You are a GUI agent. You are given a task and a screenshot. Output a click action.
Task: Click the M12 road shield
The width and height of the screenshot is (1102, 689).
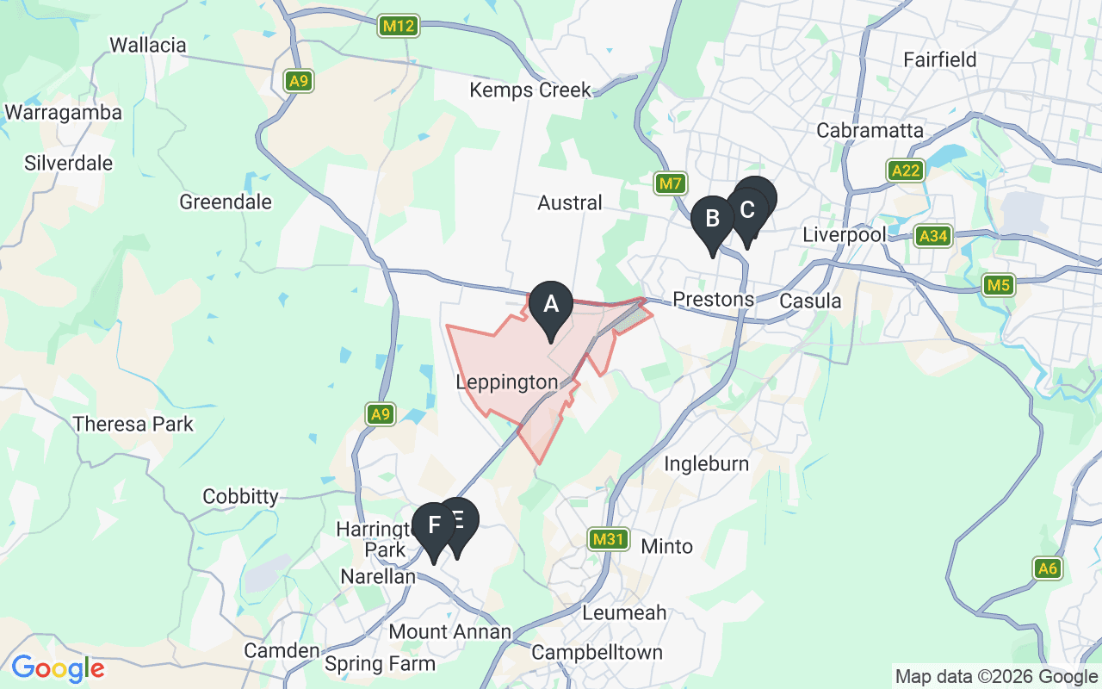(x=399, y=26)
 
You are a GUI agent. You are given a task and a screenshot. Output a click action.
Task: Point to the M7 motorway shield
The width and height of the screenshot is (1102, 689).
(x=670, y=183)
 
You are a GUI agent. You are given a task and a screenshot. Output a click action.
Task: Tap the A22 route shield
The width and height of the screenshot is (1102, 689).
(x=906, y=171)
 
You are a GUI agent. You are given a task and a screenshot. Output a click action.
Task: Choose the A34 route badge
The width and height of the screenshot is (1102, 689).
(x=932, y=236)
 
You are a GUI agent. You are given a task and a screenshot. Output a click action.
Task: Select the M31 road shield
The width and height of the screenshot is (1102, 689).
(x=608, y=540)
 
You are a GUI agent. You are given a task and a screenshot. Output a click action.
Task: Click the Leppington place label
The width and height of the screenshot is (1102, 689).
(x=507, y=382)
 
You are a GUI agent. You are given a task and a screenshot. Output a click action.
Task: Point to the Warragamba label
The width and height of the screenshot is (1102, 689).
(x=63, y=113)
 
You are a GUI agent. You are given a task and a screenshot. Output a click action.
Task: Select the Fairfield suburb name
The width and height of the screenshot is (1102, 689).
(x=939, y=59)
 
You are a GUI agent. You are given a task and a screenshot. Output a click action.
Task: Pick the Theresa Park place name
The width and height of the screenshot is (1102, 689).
(x=133, y=424)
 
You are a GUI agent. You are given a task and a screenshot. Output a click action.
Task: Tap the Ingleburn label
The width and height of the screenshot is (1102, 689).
(x=706, y=464)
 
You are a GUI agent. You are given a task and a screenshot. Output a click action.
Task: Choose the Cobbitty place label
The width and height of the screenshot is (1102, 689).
(x=240, y=497)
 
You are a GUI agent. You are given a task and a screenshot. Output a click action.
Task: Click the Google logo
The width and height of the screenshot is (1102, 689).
(x=58, y=668)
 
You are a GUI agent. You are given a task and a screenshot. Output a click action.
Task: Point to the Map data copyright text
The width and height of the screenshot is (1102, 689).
(x=996, y=677)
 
